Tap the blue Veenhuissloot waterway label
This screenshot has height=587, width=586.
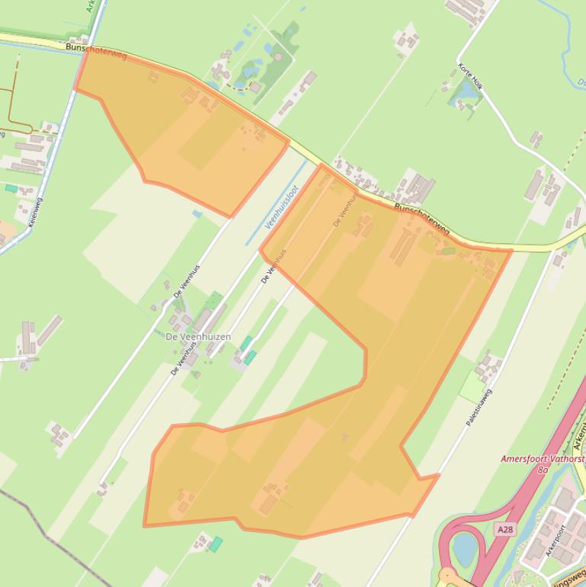point(281,206)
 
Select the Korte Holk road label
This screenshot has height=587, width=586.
point(472,76)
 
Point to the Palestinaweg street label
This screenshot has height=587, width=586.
point(479,407)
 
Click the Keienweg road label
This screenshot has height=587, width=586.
point(34,212)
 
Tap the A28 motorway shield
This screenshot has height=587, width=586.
point(504,528)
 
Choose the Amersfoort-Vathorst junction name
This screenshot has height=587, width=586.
point(543,459)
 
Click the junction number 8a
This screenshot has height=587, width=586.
point(543,470)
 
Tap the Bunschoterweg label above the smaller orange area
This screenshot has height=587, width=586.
point(95,51)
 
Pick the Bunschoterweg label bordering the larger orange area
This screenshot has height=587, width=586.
point(421,219)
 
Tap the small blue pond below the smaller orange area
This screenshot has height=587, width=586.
point(197,214)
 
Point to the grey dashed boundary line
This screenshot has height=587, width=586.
point(46,526)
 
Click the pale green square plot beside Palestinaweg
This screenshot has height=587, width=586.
point(472,389)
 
